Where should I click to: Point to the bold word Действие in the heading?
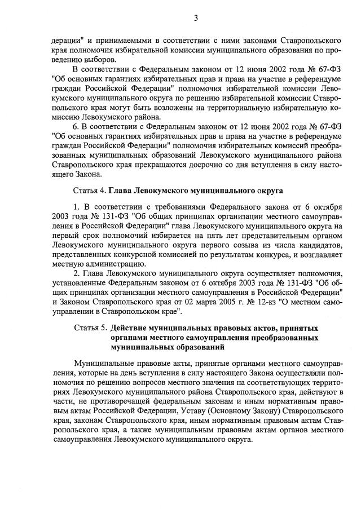(x=130, y=327)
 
